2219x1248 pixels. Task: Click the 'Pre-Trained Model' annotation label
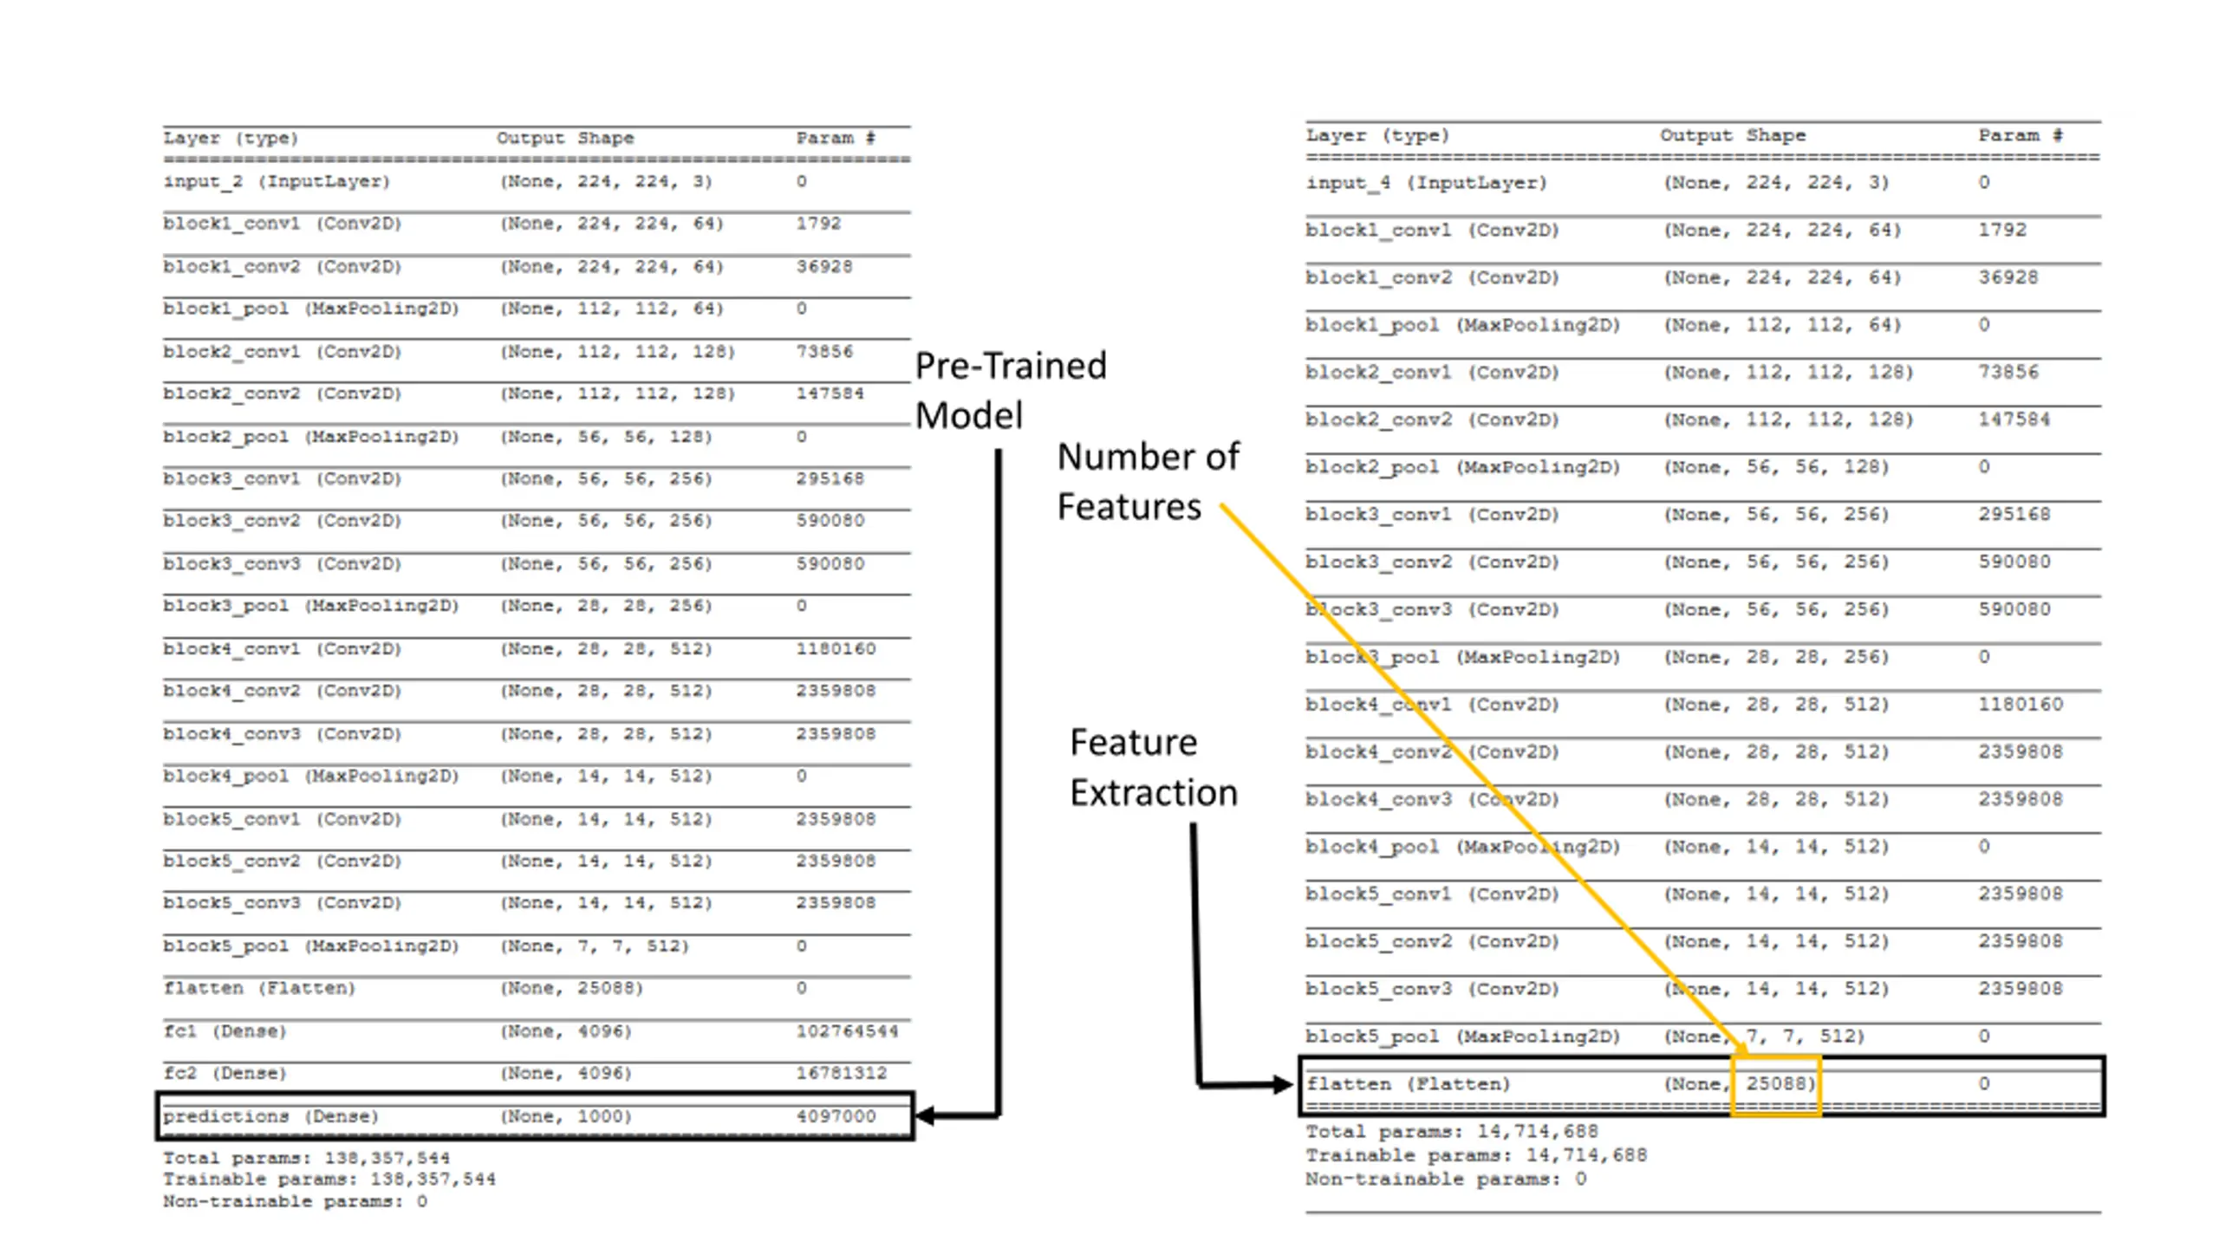(x=1011, y=390)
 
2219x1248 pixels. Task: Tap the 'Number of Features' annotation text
(x=1147, y=481)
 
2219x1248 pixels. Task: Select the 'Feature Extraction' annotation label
(x=1153, y=767)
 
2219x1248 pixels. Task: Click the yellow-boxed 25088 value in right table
(x=1775, y=1083)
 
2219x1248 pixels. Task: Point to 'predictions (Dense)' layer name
(x=270, y=1116)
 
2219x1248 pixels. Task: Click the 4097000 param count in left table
(x=836, y=1116)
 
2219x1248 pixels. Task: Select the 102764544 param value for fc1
(x=847, y=1031)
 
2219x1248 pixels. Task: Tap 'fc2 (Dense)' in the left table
(x=224, y=1073)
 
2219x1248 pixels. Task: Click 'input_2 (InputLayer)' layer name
(x=277, y=181)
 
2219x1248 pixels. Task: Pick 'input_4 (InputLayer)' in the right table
(x=1426, y=183)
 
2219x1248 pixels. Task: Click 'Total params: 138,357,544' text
(x=306, y=1158)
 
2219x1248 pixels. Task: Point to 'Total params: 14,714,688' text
(x=1452, y=1131)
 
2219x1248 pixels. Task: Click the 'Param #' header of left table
(x=836, y=138)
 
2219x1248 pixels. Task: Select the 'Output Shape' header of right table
(x=1733, y=135)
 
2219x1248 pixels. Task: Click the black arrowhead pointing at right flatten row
(x=1282, y=1083)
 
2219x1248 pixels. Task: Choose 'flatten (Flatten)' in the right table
(x=1408, y=1083)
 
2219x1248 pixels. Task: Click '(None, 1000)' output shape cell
(x=565, y=1116)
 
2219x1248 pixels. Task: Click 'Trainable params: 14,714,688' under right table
(x=1476, y=1155)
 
